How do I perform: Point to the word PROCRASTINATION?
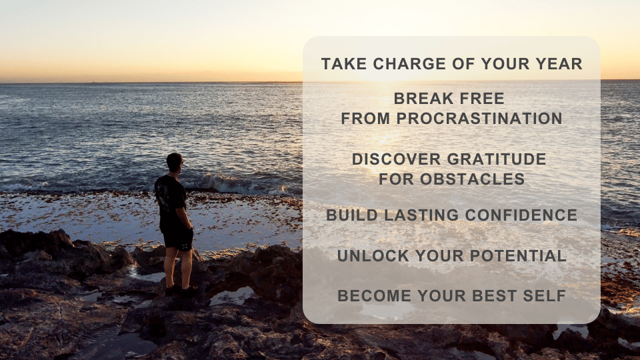tap(479, 119)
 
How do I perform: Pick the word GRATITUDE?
tap(497, 159)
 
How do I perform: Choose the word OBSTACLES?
tap(472, 179)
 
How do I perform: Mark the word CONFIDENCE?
tap(521, 215)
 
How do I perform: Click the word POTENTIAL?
tap(518, 256)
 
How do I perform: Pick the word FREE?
tap(476, 99)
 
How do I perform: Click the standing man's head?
tap(174, 162)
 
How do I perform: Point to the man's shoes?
tap(181, 291)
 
